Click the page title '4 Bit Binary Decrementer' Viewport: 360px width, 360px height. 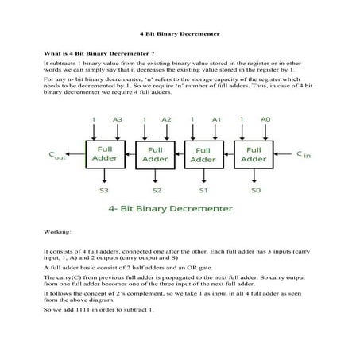(x=180, y=35)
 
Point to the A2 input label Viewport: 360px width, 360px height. (x=166, y=120)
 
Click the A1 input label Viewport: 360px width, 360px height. (x=215, y=120)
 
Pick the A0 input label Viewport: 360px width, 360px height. (x=265, y=120)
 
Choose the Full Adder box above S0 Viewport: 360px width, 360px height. (x=253, y=153)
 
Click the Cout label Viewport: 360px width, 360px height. (x=56, y=155)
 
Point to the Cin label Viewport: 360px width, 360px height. (x=304, y=154)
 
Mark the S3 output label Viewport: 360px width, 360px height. (x=104, y=192)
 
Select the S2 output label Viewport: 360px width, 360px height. (x=157, y=192)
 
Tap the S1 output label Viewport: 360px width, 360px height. (x=204, y=192)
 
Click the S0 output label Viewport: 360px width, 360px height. (x=254, y=192)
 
